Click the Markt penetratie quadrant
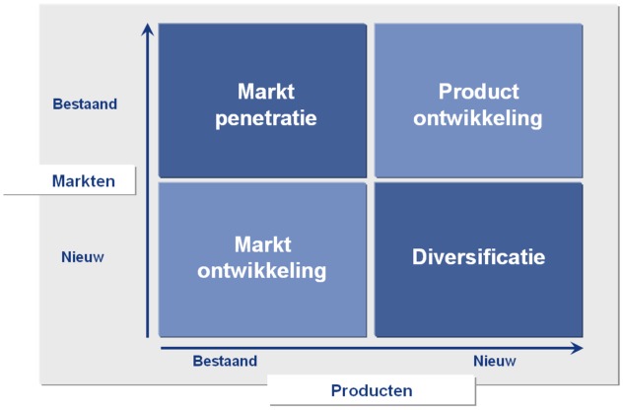pos(262,101)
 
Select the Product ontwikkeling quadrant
pos(478,101)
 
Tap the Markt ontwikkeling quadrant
pos(262,256)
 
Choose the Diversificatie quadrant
pos(478,256)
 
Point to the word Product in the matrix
pos(478,92)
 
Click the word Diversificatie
pos(478,257)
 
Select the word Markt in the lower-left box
pos(262,243)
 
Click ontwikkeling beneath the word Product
pos(478,119)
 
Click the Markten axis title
pos(84,180)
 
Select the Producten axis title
pos(371,390)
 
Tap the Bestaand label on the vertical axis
pos(83,102)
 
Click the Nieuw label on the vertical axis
pos(84,257)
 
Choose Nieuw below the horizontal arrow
pos(495,362)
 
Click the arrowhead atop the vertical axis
pos(148,30)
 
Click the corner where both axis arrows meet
pos(148,347)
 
